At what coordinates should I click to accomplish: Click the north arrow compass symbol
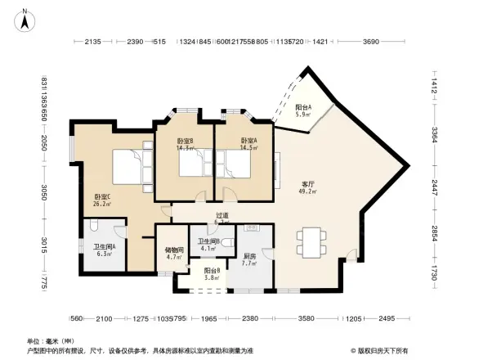pos(25,15)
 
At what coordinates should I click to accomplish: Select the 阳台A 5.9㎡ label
pos(302,111)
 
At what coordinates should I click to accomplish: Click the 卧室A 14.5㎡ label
pos(248,144)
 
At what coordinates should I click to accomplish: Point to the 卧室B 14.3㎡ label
pos(185,145)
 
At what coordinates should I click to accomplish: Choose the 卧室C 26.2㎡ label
pos(102,200)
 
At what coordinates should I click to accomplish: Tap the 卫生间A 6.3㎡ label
pos(104,250)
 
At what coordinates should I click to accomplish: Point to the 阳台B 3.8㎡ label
pos(212,274)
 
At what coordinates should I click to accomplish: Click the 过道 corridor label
pos(221,218)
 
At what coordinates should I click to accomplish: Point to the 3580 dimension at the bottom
pos(307,318)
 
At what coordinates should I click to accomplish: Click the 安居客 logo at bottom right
pos(383,349)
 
